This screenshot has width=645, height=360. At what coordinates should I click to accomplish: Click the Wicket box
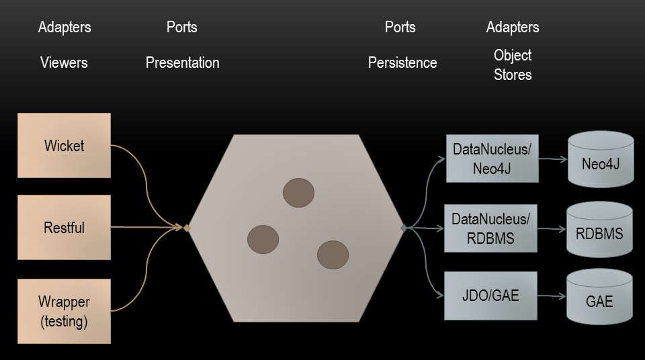click(x=64, y=146)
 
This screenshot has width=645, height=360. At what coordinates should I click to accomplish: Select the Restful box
click(x=64, y=228)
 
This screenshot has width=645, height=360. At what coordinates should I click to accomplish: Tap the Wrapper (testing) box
click(x=64, y=312)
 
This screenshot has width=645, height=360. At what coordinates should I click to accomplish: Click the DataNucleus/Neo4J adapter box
click(x=492, y=159)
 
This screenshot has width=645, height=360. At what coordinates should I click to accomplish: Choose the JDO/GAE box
click(x=490, y=296)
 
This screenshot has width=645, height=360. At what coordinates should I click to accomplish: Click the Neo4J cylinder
click(x=600, y=161)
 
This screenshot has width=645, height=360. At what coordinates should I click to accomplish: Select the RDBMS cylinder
click(x=599, y=232)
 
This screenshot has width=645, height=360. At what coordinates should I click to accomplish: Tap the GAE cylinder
click(x=599, y=300)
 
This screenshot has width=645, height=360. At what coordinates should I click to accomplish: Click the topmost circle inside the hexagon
click(x=298, y=193)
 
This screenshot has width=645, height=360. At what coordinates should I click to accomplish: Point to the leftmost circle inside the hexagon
click(x=263, y=239)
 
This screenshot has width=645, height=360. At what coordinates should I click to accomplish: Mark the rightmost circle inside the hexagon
click(x=333, y=255)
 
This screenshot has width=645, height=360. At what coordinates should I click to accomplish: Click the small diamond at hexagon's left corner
click(x=187, y=228)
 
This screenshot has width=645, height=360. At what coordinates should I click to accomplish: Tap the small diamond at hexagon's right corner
click(x=404, y=228)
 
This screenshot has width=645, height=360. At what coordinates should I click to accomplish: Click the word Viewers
click(x=64, y=63)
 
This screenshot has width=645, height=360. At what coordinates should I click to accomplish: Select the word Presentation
click(x=182, y=63)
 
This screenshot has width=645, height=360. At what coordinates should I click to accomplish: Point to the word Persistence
click(x=402, y=63)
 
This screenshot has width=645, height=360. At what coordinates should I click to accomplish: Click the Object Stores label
click(x=513, y=64)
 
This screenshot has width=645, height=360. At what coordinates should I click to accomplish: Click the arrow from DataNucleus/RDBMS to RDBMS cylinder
click(x=552, y=229)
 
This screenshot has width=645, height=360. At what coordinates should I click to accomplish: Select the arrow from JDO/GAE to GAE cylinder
click(x=552, y=296)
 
